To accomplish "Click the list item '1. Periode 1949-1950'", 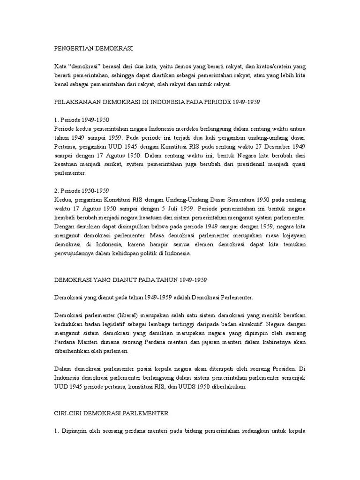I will click(x=82, y=120).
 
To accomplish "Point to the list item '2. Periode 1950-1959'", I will click(x=82, y=191).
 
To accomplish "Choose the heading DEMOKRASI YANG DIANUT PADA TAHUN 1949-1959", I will click(x=130, y=279).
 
